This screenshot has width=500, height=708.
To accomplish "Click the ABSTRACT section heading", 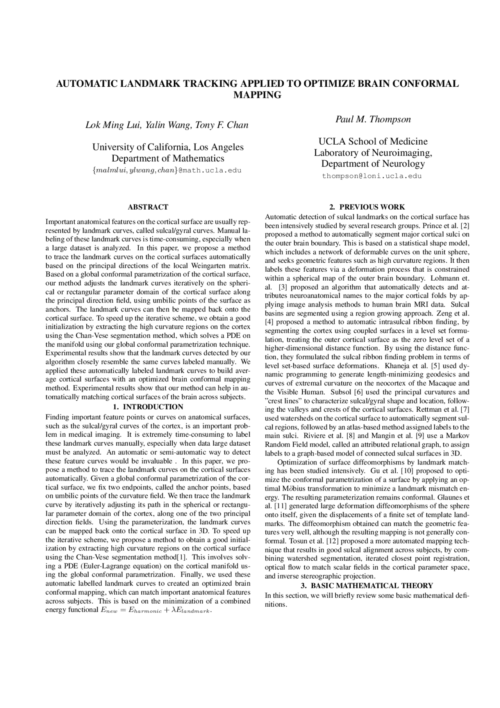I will tap(148, 207).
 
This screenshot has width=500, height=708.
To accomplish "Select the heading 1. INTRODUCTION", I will tap(148, 407).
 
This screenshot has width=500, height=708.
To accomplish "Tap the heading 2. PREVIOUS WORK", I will tap(367, 207).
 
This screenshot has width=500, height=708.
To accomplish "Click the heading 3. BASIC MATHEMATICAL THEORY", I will tap(367, 586).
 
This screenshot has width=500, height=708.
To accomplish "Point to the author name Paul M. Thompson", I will tap(373, 119).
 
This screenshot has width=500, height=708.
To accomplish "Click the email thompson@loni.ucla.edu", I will tap(371, 176).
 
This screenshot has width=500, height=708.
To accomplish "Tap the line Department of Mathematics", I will tap(168, 158).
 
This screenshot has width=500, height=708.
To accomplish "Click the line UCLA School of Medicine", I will tap(373, 141).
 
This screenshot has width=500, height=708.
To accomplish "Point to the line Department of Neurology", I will tap(373, 163).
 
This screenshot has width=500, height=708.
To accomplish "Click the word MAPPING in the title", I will tap(257, 95).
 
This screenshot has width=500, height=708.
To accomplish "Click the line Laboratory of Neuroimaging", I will tap(373, 152).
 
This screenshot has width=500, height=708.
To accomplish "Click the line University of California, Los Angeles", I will tap(168, 147).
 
